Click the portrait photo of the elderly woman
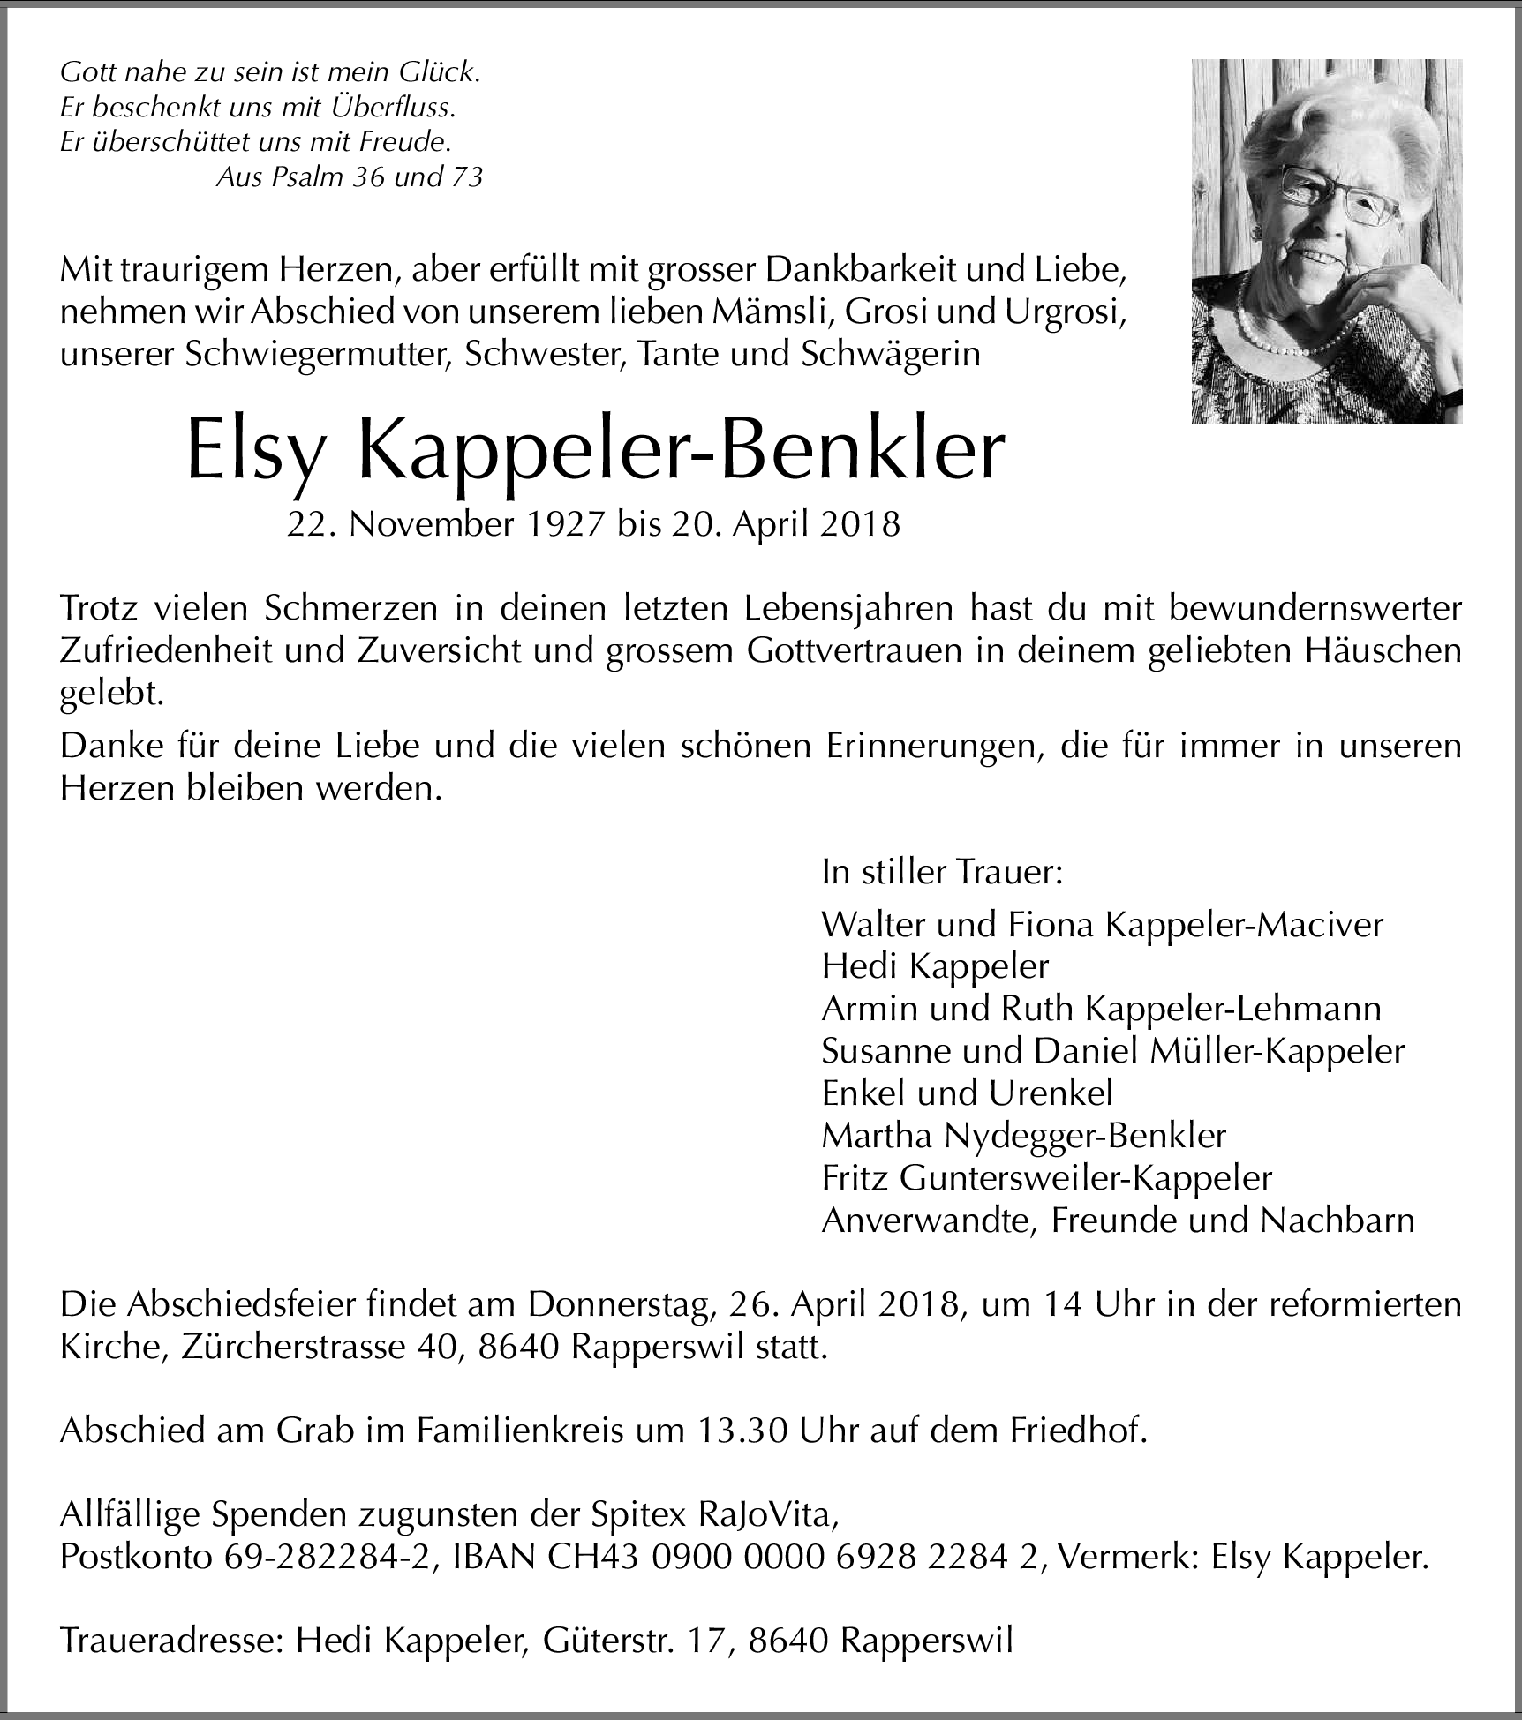pyautogui.click(x=1326, y=241)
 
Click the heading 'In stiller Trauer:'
pyautogui.click(x=941, y=873)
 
